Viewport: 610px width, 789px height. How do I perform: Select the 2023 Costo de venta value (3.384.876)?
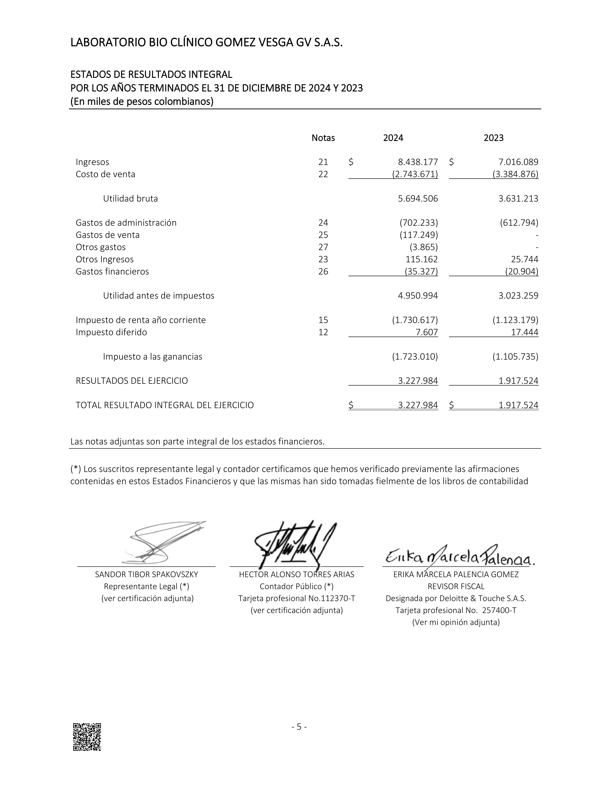tap(515, 174)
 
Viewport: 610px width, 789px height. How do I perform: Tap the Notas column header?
tap(323, 138)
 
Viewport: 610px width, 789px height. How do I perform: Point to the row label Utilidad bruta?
tap(130, 198)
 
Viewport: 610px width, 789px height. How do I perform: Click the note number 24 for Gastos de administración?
tap(323, 223)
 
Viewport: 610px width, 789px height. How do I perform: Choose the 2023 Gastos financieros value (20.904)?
tap(521, 271)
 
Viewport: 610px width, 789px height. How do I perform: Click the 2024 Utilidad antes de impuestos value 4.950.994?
tap(418, 296)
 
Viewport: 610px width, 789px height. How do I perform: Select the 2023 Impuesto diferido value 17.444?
tap(524, 332)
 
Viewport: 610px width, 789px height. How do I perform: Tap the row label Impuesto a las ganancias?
tap(153, 356)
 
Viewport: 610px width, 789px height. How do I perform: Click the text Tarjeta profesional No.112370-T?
tap(297, 598)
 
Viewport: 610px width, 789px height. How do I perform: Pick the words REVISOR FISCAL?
tap(456, 586)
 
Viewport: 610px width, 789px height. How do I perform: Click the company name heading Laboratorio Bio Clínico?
tap(206, 43)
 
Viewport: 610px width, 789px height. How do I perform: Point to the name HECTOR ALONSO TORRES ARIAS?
tap(297, 574)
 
